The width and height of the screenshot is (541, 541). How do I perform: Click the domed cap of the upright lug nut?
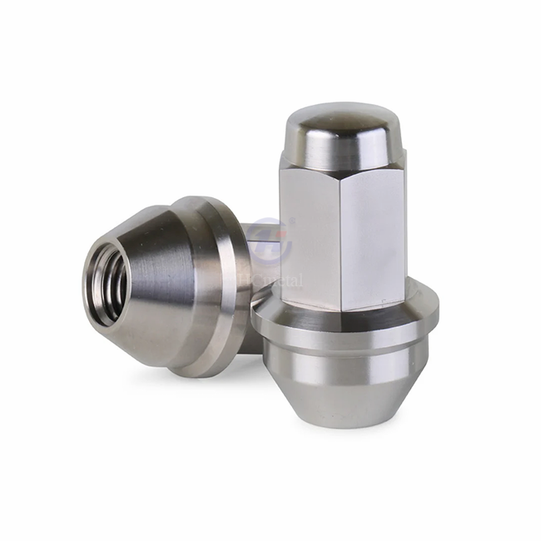click(x=343, y=125)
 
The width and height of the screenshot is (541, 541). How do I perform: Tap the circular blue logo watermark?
click(x=269, y=237)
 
